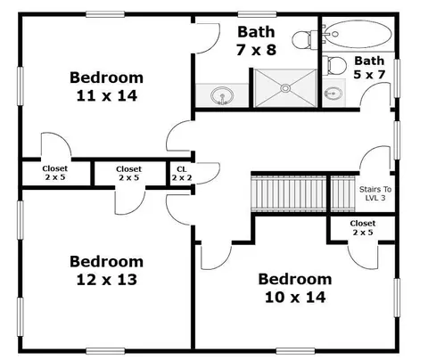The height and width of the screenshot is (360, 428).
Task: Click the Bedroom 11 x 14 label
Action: tap(106, 86)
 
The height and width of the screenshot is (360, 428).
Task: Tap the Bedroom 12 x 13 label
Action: tap(106, 271)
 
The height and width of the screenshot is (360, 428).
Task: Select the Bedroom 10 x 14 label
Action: tap(295, 288)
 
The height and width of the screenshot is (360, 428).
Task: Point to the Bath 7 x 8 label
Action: tap(256, 41)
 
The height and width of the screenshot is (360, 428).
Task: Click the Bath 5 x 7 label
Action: tap(369, 68)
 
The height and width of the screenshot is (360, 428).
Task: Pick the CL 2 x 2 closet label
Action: tap(182, 174)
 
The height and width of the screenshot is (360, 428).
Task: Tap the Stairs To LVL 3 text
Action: tap(375, 193)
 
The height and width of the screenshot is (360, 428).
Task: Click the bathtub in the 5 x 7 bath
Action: tap(358, 34)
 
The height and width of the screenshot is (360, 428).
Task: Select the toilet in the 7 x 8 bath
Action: tap(305, 40)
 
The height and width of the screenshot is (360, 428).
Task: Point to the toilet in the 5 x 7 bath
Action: tap(336, 66)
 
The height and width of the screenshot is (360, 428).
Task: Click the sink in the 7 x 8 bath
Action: tap(222, 95)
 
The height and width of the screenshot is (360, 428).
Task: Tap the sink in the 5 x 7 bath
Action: tap(333, 94)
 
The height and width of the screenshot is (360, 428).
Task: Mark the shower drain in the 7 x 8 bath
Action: tap(285, 88)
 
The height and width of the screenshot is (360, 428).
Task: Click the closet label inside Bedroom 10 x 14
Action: tap(363, 227)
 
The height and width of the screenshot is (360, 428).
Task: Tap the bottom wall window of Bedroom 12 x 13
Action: tap(105, 351)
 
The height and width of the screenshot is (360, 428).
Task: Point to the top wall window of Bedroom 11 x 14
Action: tap(105, 14)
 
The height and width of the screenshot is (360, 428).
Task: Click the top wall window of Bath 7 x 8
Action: tap(258, 14)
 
